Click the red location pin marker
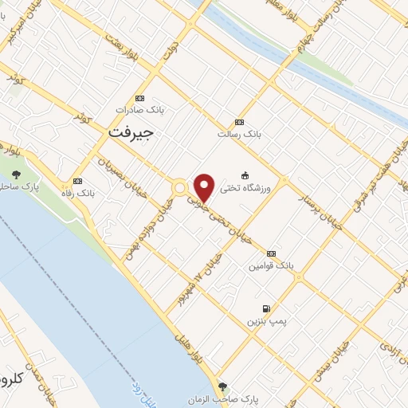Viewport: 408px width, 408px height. (x=204, y=187)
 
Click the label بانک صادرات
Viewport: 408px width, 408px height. (x=133, y=109)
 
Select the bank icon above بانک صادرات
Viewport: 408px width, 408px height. (x=141, y=97)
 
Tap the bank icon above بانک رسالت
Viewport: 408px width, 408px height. (x=239, y=122)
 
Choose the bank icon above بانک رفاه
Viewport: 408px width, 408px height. (x=77, y=181)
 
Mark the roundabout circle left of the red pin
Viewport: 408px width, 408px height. (x=180, y=188)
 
